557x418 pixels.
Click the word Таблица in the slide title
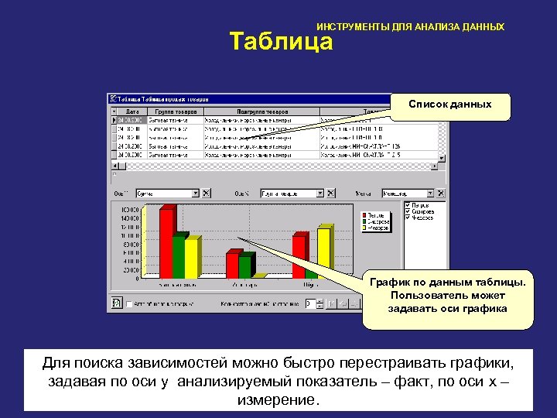[281, 42]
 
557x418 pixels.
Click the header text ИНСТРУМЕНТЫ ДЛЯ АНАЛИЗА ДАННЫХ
[410, 27]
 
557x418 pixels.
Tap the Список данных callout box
[460, 105]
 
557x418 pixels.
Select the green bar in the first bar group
[179, 257]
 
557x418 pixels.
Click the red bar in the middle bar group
[232, 265]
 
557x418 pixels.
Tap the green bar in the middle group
[244, 266]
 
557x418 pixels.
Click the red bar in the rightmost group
[299, 257]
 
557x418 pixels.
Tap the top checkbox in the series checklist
[408, 205]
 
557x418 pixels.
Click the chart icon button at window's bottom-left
[117, 303]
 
